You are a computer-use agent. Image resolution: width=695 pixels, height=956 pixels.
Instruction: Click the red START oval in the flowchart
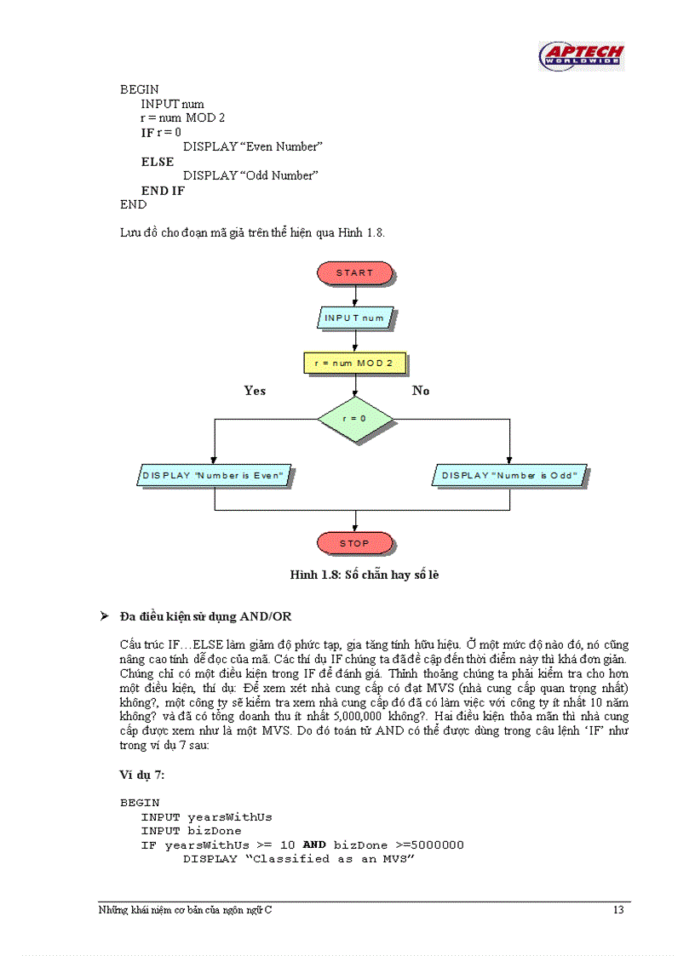coord(355,272)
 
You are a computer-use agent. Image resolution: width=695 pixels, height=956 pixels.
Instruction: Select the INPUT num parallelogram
coord(355,318)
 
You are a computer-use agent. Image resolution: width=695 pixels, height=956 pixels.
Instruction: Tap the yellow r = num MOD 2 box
coord(355,364)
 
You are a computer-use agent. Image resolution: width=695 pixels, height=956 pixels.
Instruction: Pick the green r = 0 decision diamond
coord(355,419)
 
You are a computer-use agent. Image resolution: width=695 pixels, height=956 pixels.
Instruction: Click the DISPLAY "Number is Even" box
coord(215,475)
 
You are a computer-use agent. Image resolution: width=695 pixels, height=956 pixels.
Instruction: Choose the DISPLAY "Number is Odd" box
coord(510,475)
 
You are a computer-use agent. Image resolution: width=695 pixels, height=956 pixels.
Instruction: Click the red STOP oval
coord(355,543)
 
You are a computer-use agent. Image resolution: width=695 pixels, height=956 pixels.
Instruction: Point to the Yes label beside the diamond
coord(255,391)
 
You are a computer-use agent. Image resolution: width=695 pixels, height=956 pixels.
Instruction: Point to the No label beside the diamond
coord(421,391)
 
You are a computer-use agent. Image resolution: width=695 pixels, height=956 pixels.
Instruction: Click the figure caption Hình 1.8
coord(364,575)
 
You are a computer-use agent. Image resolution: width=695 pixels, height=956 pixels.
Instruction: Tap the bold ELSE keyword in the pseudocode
coord(158,162)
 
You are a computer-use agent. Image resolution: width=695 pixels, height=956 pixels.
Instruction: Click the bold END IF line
coord(163,191)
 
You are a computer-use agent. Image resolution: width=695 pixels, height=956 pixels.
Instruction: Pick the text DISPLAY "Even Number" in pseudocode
coord(253,147)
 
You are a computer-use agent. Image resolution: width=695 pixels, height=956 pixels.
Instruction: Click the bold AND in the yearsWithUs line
coord(314,844)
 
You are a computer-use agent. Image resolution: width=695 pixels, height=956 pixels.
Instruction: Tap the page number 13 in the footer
coord(618,910)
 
